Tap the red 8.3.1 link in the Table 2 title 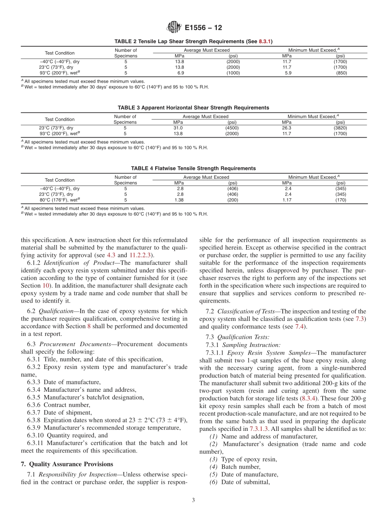(266, 42)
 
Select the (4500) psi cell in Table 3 (232, 128)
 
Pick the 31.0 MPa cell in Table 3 (178, 128)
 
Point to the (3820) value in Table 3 (340, 128)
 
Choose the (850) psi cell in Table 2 (341, 73)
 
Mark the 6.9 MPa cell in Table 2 (180, 73)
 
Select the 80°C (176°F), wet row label (59, 200)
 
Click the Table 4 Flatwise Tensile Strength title (193, 168)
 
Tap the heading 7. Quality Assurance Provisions (67, 464)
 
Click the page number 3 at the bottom (193, 500)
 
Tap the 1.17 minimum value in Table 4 (287, 200)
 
